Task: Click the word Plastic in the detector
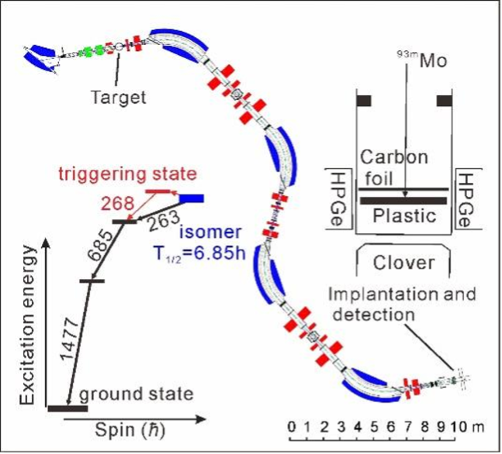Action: pyautogui.click(x=402, y=215)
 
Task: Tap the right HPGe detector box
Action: pyautogui.click(x=467, y=200)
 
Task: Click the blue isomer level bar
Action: pyautogui.click(x=192, y=198)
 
